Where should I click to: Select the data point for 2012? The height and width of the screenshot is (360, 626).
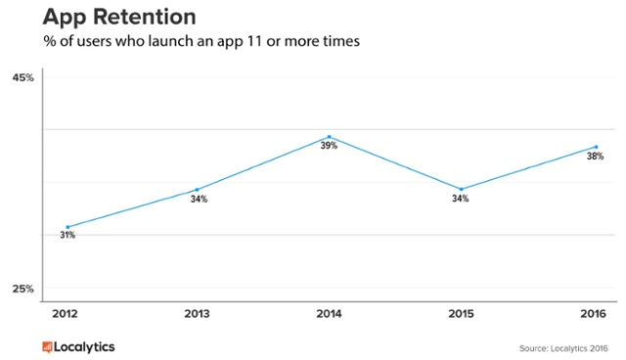67,227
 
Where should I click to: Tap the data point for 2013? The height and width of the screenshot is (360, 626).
198,190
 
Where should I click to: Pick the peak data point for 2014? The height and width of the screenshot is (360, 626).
329,137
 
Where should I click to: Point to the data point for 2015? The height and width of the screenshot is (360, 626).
460,189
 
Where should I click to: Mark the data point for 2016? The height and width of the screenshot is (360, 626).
594,147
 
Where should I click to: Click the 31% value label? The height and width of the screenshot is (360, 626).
67,237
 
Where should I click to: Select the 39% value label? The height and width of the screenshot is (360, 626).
329,146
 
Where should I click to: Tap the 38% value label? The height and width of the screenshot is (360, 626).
595,157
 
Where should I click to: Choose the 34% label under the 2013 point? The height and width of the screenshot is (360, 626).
199,200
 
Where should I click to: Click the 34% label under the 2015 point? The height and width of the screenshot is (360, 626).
460,199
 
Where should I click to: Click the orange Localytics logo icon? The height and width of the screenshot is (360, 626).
47,346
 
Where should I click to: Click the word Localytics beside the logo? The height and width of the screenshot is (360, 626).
86,346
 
